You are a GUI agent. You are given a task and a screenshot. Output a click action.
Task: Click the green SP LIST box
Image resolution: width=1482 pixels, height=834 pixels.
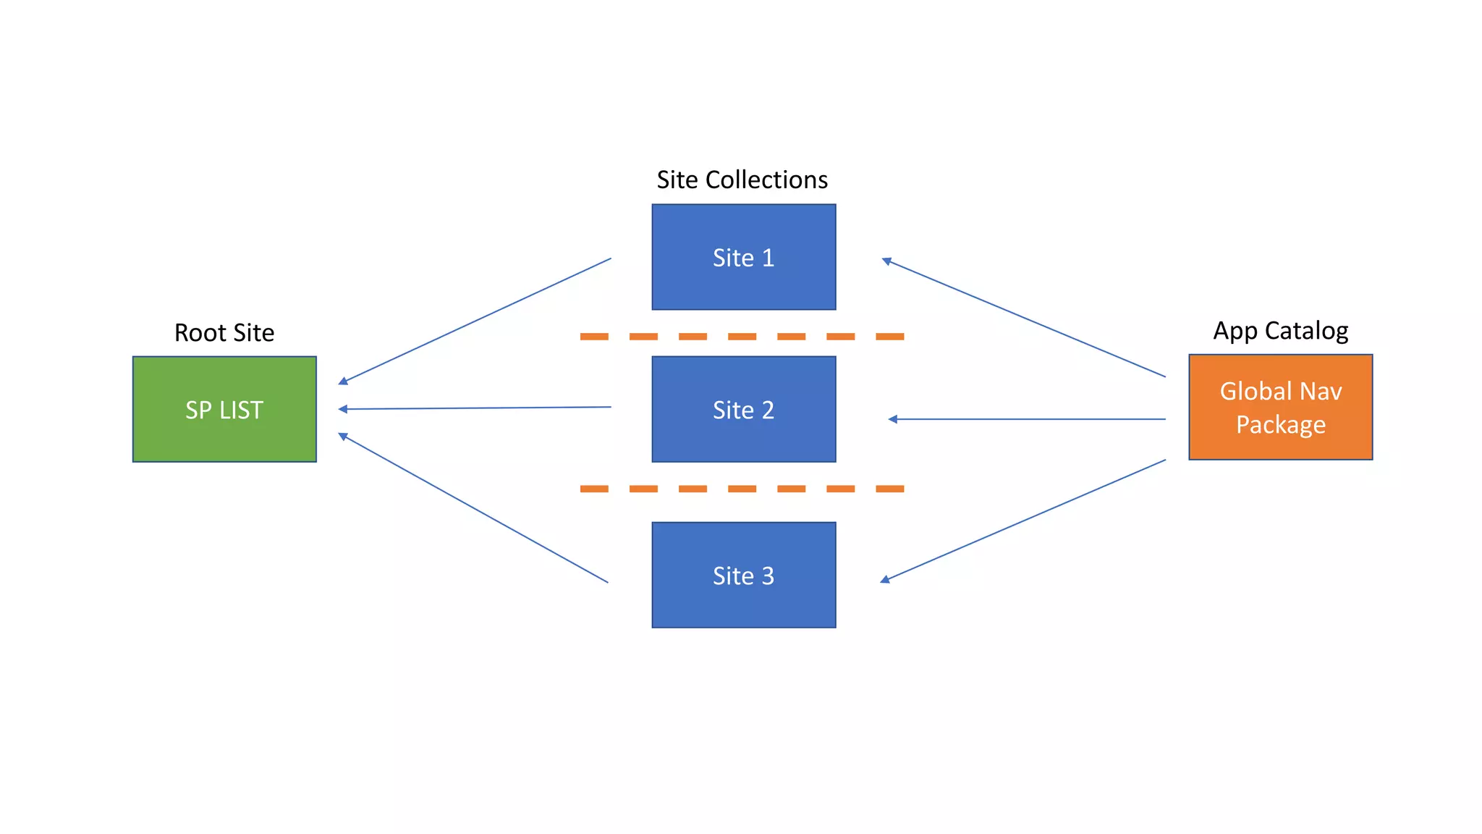[x=224, y=409]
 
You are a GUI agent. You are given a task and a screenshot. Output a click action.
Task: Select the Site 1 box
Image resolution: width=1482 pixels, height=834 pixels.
[x=743, y=257]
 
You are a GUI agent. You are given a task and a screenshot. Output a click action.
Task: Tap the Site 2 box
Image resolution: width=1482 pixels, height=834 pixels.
[x=743, y=409]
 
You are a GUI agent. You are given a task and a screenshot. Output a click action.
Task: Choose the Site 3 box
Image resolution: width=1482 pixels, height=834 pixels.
[x=743, y=575]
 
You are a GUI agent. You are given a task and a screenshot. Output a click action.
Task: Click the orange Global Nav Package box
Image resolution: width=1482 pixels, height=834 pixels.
[x=1280, y=407]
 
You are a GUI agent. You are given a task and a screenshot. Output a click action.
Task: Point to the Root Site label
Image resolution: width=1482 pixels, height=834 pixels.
[x=224, y=332]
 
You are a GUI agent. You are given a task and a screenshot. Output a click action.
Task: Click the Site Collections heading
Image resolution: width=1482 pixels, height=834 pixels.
[x=742, y=180]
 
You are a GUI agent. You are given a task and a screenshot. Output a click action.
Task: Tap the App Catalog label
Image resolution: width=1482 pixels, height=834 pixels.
[x=1280, y=330]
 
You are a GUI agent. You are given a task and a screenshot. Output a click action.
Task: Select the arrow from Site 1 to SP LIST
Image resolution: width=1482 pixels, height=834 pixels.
[x=475, y=321]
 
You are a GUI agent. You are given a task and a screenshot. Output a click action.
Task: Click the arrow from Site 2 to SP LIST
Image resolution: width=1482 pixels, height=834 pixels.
[x=475, y=408]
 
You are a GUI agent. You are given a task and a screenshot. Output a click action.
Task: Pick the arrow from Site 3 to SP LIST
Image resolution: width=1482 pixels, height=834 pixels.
[x=473, y=507]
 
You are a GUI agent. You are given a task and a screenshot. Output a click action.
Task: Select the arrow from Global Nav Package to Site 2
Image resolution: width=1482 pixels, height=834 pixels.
[x=1027, y=419]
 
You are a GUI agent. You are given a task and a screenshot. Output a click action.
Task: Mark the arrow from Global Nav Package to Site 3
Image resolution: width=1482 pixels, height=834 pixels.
[x=1023, y=520]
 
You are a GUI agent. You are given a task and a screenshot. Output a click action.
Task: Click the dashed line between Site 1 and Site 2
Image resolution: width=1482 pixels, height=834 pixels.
[x=742, y=337]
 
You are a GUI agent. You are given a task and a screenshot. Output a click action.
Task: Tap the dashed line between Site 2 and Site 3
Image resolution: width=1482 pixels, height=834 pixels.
[x=742, y=489]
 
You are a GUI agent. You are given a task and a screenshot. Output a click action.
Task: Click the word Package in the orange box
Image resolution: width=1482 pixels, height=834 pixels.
[x=1280, y=424]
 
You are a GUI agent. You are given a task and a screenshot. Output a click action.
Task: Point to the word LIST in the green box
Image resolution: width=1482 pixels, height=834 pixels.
[x=242, y=410]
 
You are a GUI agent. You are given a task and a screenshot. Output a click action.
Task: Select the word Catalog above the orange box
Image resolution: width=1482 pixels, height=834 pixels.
[x=1306, y=330]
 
